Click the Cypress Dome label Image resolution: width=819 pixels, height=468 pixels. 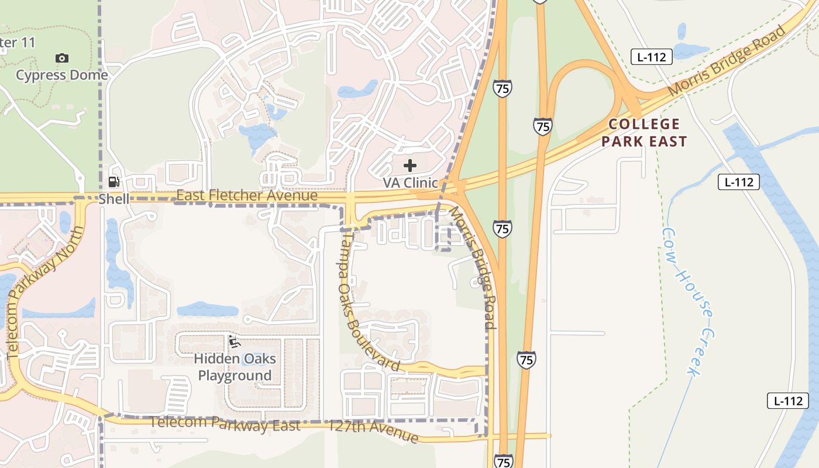[x=62, y=75]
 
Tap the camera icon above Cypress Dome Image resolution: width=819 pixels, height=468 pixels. [x=62, y=58]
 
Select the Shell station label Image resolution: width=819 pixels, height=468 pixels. [x=113, y=199]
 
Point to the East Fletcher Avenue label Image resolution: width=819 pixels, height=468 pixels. [x=246, y=195]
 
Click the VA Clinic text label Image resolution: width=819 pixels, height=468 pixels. [x=410, y=183]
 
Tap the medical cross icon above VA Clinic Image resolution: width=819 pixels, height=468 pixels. [x=410, y=166]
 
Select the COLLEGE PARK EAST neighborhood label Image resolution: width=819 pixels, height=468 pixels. [x=644, y=132]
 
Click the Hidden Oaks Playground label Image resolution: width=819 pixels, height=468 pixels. [x=235, y=367]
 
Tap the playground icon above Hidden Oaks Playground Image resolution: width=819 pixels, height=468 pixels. [x=235, y=342]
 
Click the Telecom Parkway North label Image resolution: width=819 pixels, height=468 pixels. [x=46, y=292]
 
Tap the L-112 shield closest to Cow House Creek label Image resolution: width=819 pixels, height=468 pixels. [x=739, y=182]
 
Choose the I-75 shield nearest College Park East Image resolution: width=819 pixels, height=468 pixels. [x=542, y=126]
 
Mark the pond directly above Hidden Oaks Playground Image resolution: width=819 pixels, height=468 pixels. [x=208, y=309]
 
